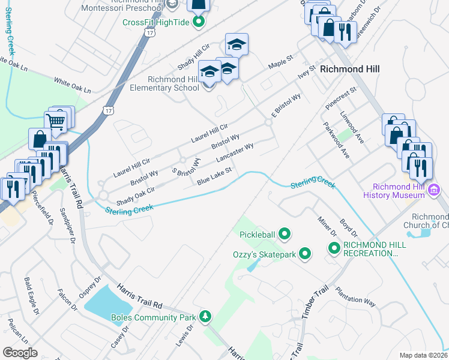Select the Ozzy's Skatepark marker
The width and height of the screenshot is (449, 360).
coord(305,254)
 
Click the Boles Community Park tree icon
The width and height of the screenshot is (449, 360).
coord(205,316)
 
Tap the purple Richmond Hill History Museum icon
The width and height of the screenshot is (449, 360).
coord(436,190)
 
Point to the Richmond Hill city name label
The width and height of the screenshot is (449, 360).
coord(349,69)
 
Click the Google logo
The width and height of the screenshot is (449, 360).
coord(20,353)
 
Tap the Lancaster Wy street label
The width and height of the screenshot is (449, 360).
coord(235,152)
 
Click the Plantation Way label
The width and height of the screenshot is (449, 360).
coord(355,296)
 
